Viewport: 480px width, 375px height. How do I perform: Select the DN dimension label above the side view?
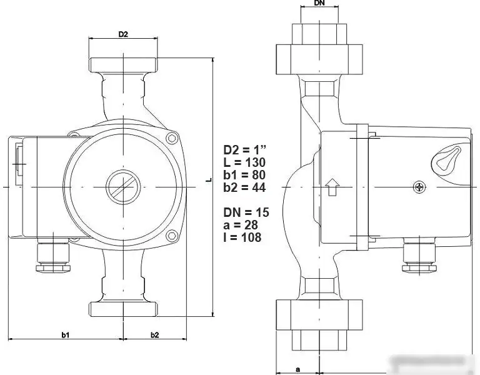tap(319, 4)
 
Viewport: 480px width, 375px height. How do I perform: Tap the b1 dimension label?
tap(65, 335)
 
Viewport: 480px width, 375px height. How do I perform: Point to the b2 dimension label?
tap(154, 335)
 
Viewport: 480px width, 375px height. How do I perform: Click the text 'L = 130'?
tap(245, 162)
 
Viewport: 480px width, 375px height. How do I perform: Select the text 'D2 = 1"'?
tap(245, 150)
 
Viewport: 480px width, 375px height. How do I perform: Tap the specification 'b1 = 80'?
tap(246, 175)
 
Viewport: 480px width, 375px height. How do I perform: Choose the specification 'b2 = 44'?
tap(246, 187)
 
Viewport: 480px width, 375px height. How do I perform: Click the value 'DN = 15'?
tap(246, 213)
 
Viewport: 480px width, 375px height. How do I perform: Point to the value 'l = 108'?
tap(242, 237)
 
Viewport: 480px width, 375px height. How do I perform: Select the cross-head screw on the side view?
tap(420, 186)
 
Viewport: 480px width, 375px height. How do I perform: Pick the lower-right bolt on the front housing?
tap(171, 236)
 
